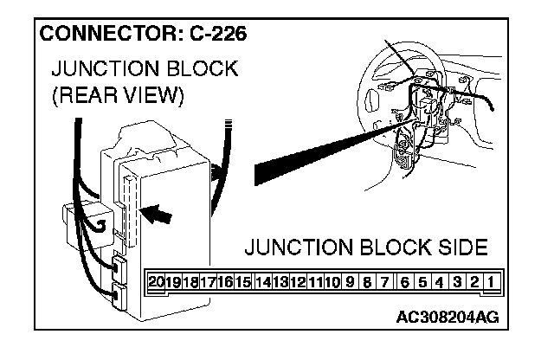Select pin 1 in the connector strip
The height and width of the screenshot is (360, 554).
(491, 282)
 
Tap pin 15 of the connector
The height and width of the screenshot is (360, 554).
(243, 282)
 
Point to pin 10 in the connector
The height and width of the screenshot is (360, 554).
(332, 282)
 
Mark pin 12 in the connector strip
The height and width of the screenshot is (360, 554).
(297, 282)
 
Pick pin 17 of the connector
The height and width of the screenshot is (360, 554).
(208, 282)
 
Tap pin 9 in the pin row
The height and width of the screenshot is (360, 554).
(350, 282)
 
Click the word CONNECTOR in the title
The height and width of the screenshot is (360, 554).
(103, 35)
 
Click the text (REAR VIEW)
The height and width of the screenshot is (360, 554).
(117, 94)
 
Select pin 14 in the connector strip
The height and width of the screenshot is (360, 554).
(261, 282)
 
